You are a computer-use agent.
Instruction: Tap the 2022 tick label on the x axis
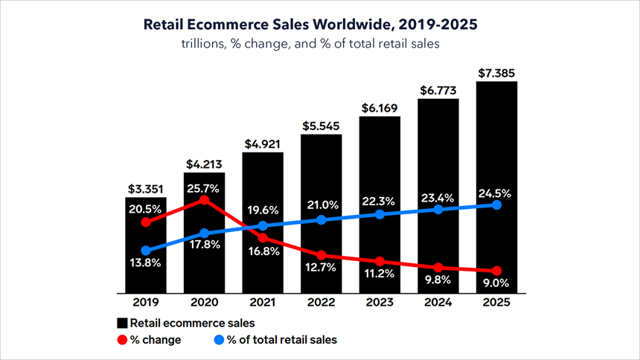(321, 304)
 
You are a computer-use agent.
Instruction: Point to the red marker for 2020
(205, 199)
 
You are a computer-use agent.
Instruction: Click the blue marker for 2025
(496, 205)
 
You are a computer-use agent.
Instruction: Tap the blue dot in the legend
(219, 340)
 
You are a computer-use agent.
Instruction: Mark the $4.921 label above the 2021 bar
(263, 144)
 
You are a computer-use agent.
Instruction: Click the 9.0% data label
(496, 283)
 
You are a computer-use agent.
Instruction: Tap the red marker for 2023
(380, 261)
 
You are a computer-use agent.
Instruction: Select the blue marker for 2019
(146, 251)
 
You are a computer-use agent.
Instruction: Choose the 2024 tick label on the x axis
(438, 304)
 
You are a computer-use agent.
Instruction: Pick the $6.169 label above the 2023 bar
(380, 107)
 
